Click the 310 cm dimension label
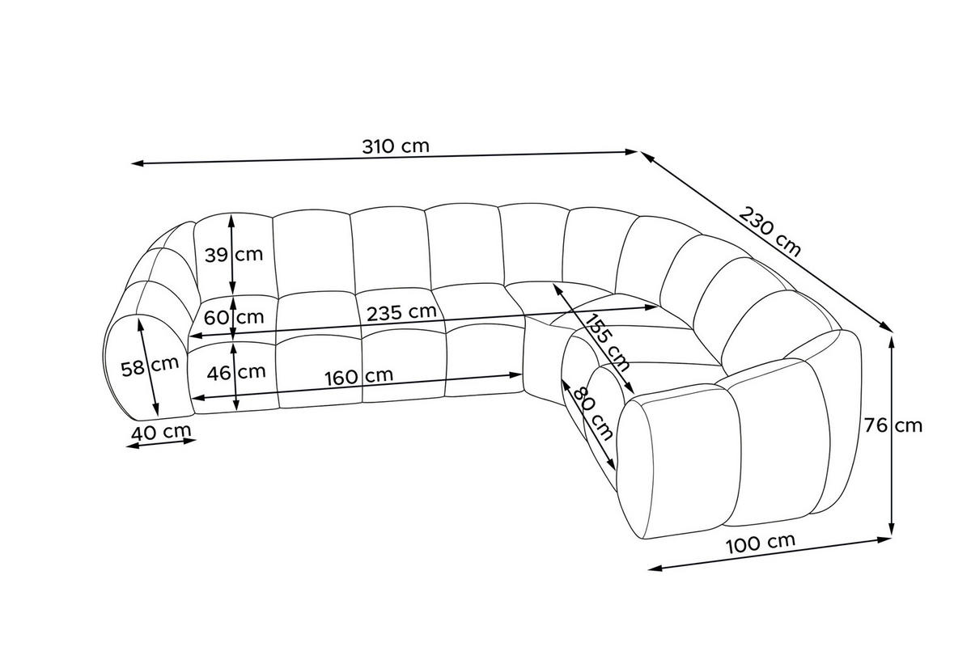(396, 146)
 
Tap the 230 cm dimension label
(770, 232)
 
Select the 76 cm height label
(893, 425)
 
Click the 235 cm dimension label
(401, 312)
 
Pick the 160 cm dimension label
(359, 377)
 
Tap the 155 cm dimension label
(607, 343)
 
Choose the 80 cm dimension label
(592, 413)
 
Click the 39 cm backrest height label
(234, 255)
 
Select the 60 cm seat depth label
(234, 318)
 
